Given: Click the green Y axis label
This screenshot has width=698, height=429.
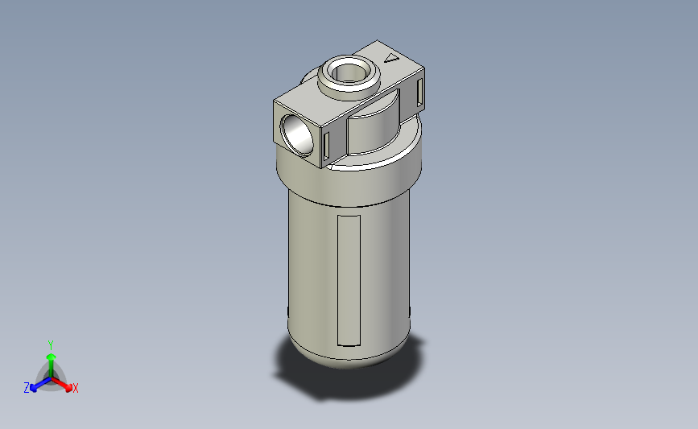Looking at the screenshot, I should (50, 344).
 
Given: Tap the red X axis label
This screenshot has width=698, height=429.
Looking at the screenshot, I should (76, 388).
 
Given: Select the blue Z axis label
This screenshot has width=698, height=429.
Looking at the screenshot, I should (27, 388).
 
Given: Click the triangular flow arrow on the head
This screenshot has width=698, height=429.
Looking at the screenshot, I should (392, 58).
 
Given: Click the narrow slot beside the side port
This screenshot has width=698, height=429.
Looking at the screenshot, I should (327, 146).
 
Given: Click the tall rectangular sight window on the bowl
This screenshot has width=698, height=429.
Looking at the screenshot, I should (349, 280).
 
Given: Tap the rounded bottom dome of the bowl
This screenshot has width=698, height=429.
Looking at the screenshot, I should (348, 354).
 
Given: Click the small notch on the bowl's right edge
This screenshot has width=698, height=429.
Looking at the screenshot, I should (411, 311).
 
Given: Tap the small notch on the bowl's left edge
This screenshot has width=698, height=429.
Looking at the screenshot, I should (287, 311).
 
